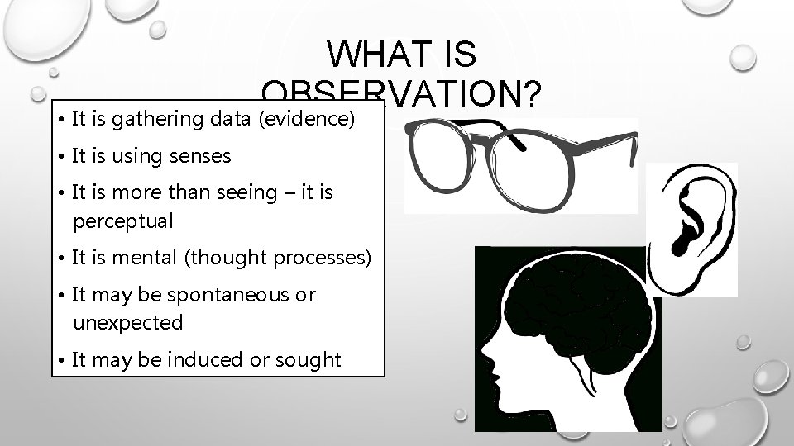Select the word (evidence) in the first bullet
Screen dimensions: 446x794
(x=308, y=119)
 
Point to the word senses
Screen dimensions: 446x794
(x=199, y=155)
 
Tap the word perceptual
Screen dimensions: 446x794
(x=123, y=221)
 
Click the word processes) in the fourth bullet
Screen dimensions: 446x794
(x=326, y=258)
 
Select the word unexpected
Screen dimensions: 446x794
(x=127, y=322)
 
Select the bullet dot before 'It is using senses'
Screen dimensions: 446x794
(x=64, y=156)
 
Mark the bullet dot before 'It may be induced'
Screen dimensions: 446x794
(x=64, y=360)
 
